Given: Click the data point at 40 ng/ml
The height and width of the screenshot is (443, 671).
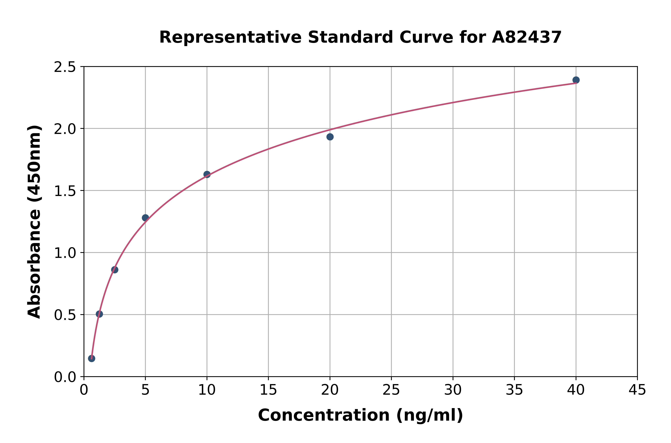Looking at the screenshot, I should click(x=576, y=80).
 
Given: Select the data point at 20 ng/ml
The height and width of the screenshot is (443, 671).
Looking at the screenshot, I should click(x=330, y=137).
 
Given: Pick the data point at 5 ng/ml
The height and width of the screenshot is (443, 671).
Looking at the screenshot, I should click(x=145, y=217).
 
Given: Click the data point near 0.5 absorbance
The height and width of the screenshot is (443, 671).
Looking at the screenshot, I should click(x=99, y=314).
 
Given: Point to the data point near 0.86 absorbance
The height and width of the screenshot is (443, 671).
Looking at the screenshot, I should click(x=115, y=270).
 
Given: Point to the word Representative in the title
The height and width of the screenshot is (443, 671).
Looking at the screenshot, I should click(x=230, y=37).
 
